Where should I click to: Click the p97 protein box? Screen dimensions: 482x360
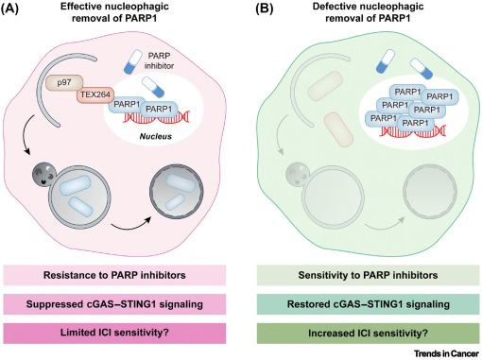point(64,83)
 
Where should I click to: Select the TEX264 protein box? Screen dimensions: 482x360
point(95,94)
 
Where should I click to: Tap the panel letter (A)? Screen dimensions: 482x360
point(9,8)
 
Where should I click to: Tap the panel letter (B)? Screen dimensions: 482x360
point(264,8)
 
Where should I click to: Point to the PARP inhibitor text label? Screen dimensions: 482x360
point(160,60)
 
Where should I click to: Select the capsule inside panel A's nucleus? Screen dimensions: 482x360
point(153,87)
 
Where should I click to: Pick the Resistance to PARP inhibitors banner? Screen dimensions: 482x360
point(114,275)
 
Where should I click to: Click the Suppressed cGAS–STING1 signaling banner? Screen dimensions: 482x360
point(114,304)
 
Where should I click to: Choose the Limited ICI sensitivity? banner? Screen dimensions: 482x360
point(114,333)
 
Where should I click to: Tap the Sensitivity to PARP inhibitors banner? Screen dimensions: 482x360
point(368,275)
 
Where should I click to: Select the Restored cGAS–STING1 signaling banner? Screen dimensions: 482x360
point(368,304)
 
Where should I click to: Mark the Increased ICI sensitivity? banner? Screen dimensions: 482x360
point(368,333)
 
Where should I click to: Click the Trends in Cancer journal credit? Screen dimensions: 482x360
point(446,353)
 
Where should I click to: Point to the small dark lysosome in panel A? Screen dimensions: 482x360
point(44,174)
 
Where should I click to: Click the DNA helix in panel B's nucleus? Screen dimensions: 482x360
point(413,130)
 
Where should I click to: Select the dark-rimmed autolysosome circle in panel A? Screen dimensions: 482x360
point(177,191)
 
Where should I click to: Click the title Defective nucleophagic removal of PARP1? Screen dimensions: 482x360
point(368,12)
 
